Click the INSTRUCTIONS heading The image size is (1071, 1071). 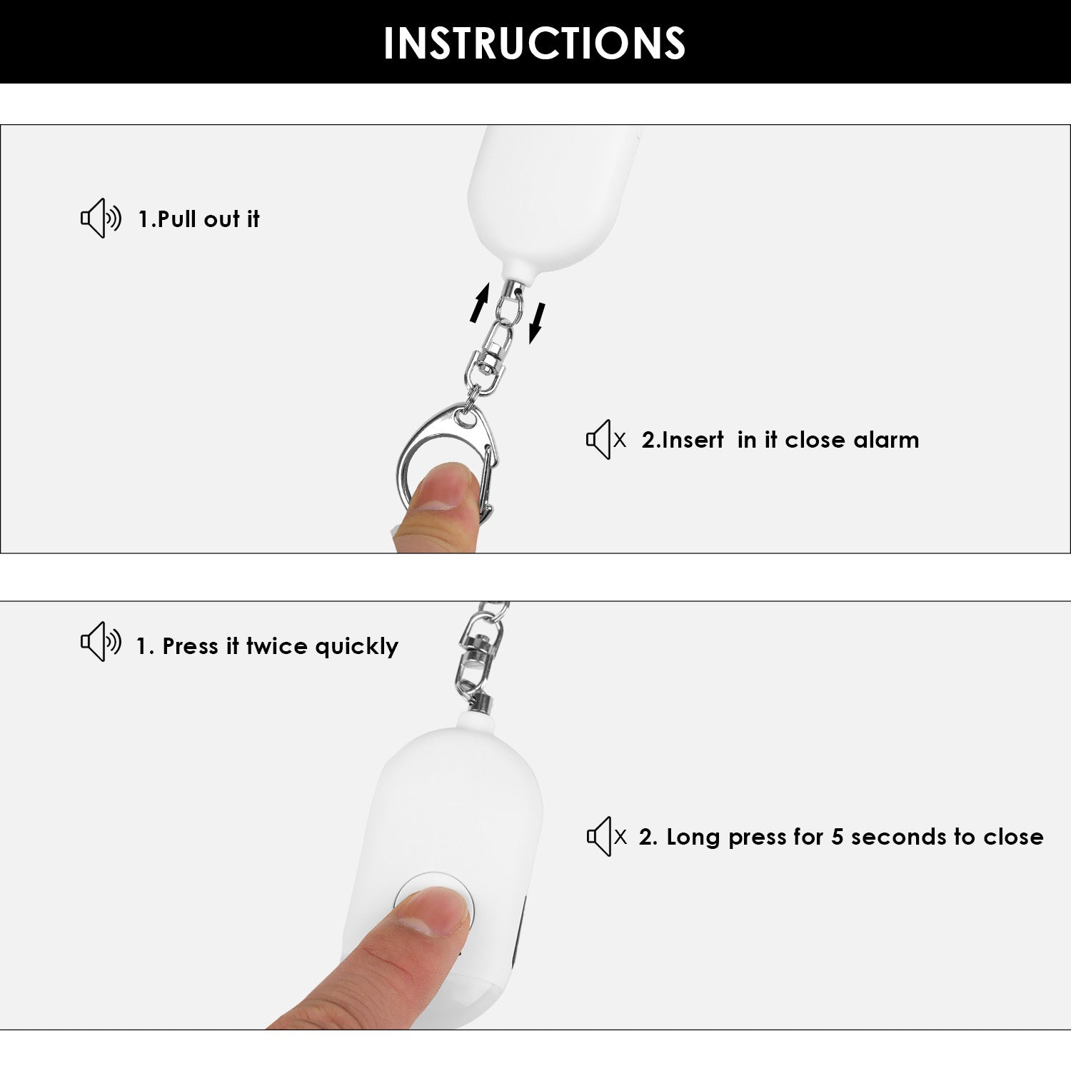click(x=534, y=43)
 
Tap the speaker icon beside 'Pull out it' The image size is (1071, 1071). click(x=101, y=218)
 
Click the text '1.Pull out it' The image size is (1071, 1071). click(x=198, y=219)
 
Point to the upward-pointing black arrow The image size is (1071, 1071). click(x=480, y=302)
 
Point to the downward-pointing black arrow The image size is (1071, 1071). click(x=537, y=323)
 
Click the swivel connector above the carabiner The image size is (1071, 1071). click(x=491, y=357)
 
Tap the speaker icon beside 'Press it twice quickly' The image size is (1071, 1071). click(x=101, y=641)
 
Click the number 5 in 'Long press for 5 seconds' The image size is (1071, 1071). click(x=838, y=837)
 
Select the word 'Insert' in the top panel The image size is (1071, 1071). click(x=683, y=440)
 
